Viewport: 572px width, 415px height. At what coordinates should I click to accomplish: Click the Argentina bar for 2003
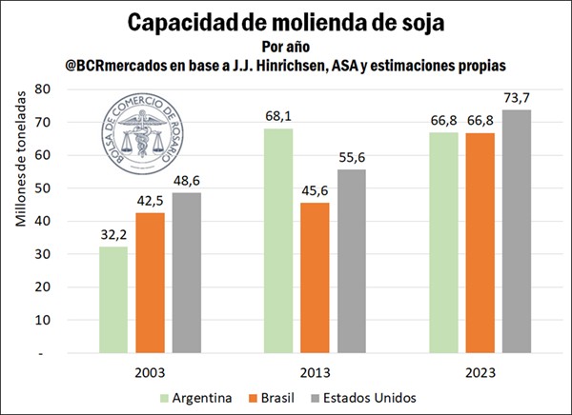(112, 299)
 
